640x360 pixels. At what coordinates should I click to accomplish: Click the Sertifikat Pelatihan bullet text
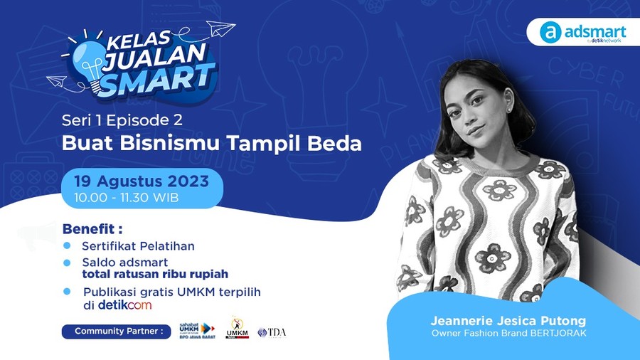[138, 246]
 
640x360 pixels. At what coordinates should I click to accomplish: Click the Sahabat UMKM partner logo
[196, 329]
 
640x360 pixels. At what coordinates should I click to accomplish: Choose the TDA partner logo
[272, 332]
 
